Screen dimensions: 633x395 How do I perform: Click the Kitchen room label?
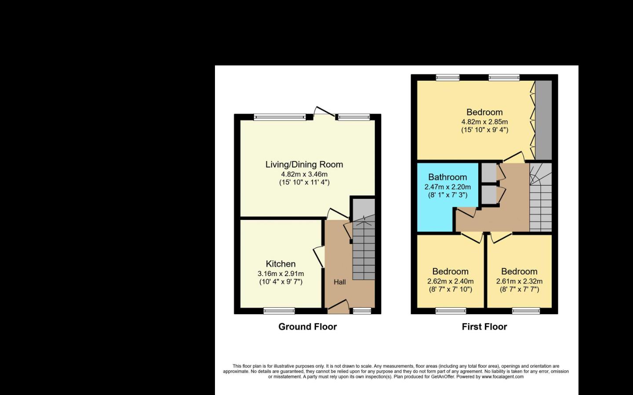tap(280, 264)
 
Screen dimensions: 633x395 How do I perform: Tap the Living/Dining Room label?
tap(304, 165)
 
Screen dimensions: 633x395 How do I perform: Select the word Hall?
tap(340, 282)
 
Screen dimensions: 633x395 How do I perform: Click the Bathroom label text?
tap(447, 177)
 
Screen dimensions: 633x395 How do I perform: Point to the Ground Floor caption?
tap(307, 327)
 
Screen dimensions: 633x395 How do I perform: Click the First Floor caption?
tap(484, 327)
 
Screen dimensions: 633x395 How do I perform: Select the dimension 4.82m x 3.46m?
tap(304, 174)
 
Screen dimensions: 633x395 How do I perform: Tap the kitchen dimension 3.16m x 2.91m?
tap(280, 273)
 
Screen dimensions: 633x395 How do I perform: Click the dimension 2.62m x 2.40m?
tap(451, 281)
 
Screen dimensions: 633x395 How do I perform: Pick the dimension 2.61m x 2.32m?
tap(520, 281)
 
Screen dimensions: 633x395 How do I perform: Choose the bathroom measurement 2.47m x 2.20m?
tap(447, 187)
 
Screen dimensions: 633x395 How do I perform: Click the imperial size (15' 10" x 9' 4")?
tap(484, 130)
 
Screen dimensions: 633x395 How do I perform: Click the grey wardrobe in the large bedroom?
tap(543, 120)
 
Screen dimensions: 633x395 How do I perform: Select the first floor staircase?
tap(541, 197)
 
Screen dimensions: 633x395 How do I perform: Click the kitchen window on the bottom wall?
tap(279, 311)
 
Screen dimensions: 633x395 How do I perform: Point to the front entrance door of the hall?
tap(338, 306)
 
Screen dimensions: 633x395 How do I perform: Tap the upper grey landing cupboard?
tap(489, 172)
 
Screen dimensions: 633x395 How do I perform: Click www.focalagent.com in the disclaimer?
tap(502, 377)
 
